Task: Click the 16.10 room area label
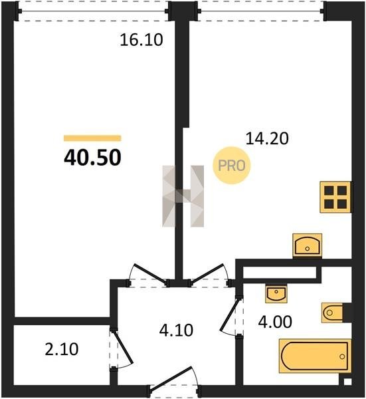tap(141, 40)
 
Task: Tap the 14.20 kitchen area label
tap(267, 139)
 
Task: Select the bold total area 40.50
tap(92, 158)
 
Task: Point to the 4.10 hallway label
tap(176, 331)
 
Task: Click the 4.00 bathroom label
tap(275, 322)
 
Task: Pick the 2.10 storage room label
tap(62, 349)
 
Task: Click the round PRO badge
tap(232, 166)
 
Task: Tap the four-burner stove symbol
tap(335, 197)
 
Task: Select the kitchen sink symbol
tap(308, 245)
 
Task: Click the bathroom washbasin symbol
tap(276, 294)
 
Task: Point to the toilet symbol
tap(336, 313)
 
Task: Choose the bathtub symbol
tap(315, 356)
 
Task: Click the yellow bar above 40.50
tap(92, 138)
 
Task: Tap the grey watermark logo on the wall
tap(183, 196)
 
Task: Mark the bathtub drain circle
tap(342, 356)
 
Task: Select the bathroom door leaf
tap(230, 315)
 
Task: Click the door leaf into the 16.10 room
tap(151, 274)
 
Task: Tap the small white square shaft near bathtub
tap(347, 382)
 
